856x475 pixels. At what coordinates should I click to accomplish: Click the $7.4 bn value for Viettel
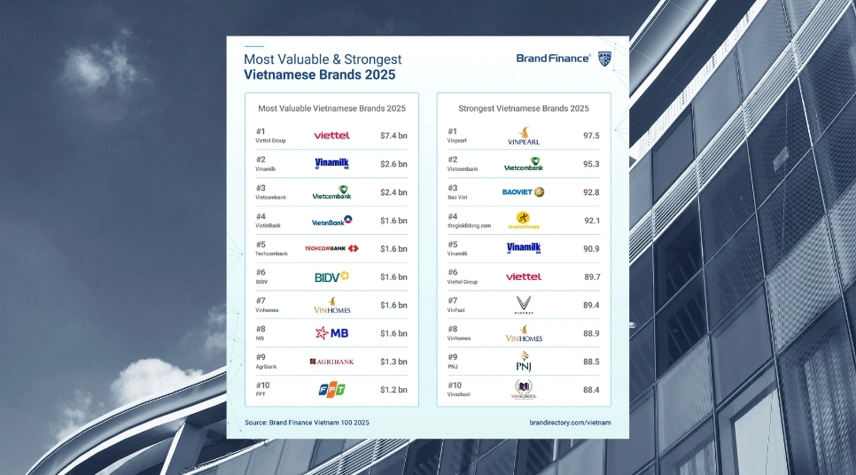point(393,136)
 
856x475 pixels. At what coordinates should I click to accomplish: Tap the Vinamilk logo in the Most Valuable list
point(331,164)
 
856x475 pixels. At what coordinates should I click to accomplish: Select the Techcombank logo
point(331,249)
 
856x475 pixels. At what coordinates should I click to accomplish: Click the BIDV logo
point(331,277)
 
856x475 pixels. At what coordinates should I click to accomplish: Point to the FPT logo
point(331,390)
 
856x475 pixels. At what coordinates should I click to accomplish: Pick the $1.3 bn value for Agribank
point(393,362)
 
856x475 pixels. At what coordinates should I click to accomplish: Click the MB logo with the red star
point(331,333)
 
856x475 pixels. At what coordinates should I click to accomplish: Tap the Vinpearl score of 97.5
point(591,136)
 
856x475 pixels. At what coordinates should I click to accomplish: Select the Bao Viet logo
point(524,192)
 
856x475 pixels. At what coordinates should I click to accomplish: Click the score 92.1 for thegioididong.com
point(591,221)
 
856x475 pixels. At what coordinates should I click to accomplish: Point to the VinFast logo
point(524,305)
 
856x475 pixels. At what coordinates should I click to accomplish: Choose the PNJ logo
point(524,362)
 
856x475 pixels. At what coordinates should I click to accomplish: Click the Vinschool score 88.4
point(591,390)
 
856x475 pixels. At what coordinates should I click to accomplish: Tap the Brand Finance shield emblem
point(604,58)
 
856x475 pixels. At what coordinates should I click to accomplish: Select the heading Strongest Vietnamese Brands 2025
point(524,108)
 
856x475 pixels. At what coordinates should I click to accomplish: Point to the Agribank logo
point(331,362)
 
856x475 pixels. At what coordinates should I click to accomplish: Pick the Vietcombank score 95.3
point(591,164)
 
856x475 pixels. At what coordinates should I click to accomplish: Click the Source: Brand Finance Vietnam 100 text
point(307,423)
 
